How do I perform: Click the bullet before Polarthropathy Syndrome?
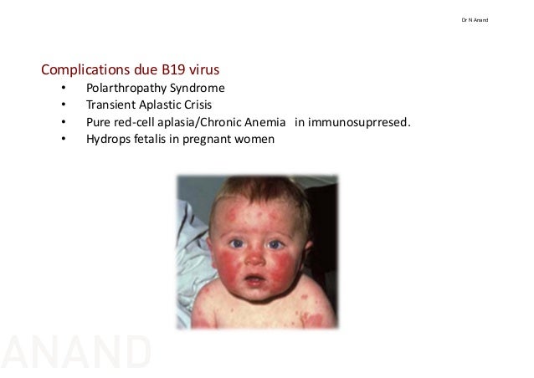tap(62, 88)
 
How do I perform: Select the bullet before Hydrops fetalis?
tap(62, 140)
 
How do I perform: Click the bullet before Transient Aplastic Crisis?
tap(62, 105)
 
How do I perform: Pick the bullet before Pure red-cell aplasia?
tap(62, 123)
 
